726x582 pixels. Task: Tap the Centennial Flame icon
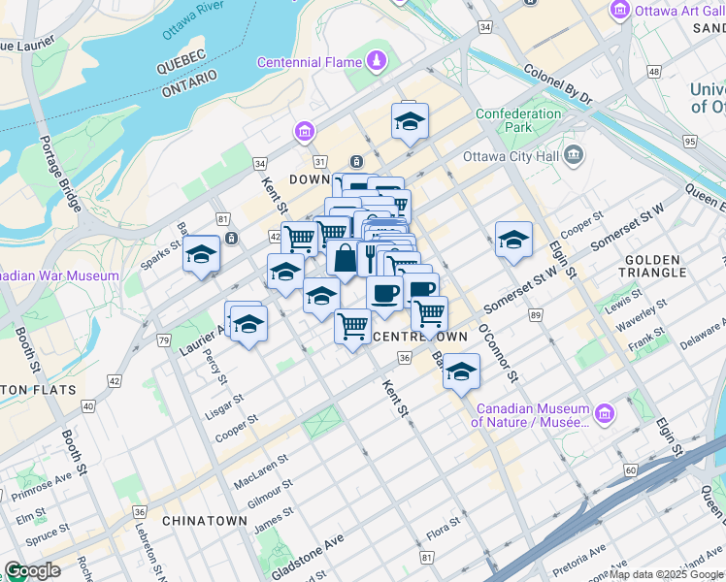[x=376, y=63]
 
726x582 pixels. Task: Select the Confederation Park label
[x=518, y=120]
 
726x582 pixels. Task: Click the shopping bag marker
[x=344, y=258]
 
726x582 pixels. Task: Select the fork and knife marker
[x=370, y=257]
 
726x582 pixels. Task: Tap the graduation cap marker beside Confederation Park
[x=410, y=121]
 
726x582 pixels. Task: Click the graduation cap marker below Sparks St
[x=201, y=254]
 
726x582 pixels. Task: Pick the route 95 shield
[x=689, y=142]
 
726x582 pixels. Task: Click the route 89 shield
[x=535, y=315]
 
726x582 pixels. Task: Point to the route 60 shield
[x=630, y=469]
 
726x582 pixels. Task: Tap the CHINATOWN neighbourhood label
[x=205, y=521]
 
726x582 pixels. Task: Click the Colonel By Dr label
[x=557, y=83]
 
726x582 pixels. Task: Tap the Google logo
[x=32, y=569]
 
